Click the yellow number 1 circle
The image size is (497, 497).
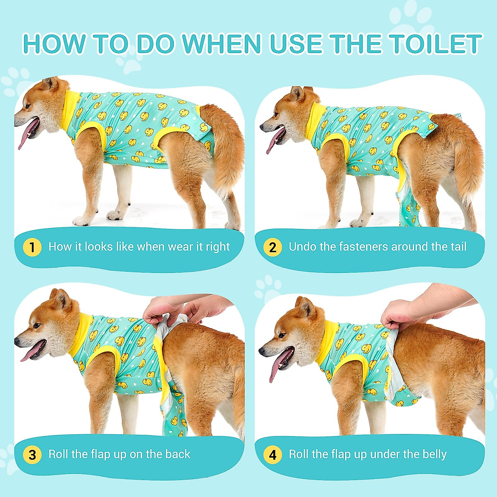pyautogui.click(x=32, y=247)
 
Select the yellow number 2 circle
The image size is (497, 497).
pyautogui.click(x=273, y=247)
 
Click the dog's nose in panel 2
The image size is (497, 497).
pyautogui.click(x=262, y=127)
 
